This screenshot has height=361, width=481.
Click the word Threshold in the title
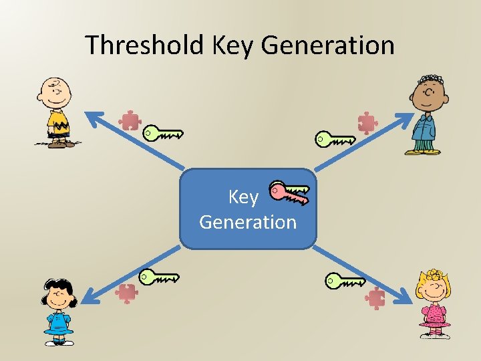click(x=145, y=45)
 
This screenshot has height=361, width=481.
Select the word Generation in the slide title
click(x=327, y=45)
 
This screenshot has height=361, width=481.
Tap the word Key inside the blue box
click(x=243, y=197)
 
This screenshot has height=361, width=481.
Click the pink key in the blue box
click(x=289, y=193)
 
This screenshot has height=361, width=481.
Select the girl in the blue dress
click(x=59, y=312)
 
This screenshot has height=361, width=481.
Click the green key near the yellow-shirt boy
click(x=163, y=133)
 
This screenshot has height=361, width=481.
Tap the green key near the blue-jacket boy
click(x=335, y=139)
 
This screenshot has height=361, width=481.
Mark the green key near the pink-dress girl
click(x=345, y=280)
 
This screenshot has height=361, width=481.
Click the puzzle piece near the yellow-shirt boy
click(x=130, y=120)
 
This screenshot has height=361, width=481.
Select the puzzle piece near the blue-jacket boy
click(x=367, y=123)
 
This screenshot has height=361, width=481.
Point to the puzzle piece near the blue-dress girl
click(x=126, y=293)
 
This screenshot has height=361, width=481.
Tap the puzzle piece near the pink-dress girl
click(x=377, y=297)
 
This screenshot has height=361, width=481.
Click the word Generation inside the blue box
click(x=248, y=221)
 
